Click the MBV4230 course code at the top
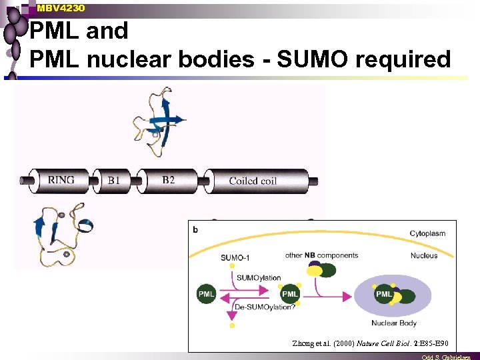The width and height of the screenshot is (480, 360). [x=61, y=8]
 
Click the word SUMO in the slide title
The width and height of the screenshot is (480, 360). [x=309, y=59]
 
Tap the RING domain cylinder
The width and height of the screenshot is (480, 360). [x=63, y=179]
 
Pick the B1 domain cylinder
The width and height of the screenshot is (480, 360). [x=115, y=179]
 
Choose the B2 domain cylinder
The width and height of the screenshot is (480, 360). [x=169, y=179]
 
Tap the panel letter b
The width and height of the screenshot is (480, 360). [x=195, y=229]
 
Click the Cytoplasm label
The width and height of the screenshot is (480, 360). [x=427, y=233]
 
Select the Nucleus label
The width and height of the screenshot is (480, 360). [x=424, y=255]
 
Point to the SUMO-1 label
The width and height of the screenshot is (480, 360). [x=235, y=257]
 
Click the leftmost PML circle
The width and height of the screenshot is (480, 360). [x=207, y=293]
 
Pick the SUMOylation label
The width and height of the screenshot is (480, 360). [x=258, y=278]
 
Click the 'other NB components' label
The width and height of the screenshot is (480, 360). [x=321, y=255]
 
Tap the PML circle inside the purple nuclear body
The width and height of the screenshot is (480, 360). [x=385, y=294]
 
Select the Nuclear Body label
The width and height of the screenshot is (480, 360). [x=394, y=323]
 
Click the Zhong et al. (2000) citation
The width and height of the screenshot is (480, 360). [x=370, y=343]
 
